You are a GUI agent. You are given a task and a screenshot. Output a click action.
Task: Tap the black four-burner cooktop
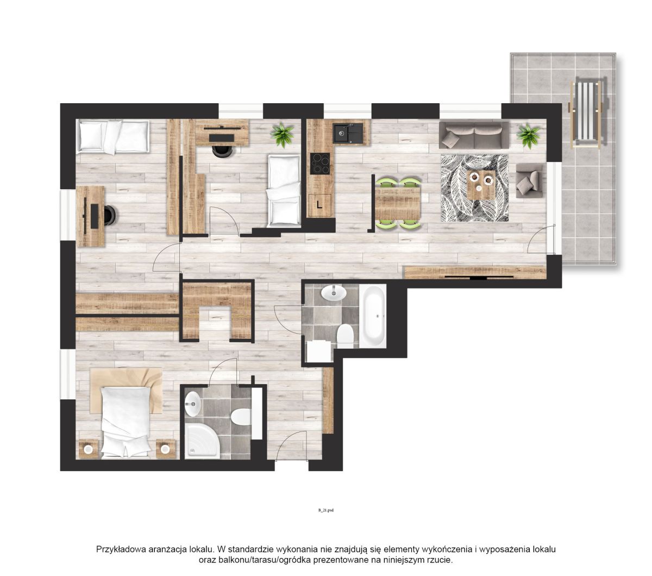tap(320, 164)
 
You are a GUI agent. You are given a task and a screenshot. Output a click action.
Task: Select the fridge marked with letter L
tap(319, 205)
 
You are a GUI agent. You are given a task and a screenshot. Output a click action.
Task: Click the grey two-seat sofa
tap(474, 135)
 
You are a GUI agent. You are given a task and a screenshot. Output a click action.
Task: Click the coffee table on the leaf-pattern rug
tap(481, 185)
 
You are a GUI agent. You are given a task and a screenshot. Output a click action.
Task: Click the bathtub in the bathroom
tap(373, 316)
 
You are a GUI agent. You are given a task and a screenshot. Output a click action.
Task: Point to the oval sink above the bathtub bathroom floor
tap(334, 293)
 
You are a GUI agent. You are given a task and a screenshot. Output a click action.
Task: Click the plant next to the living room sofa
tap(528, 135)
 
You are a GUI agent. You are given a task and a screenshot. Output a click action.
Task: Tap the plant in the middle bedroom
tap(283, 134)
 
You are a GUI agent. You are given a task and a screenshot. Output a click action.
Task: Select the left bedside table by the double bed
tap(88, 448)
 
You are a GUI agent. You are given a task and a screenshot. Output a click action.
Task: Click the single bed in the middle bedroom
tap(284, 191)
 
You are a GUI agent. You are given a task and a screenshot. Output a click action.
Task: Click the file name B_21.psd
tap(326, 510)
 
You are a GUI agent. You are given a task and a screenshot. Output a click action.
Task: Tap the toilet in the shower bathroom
tap(240, 416)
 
